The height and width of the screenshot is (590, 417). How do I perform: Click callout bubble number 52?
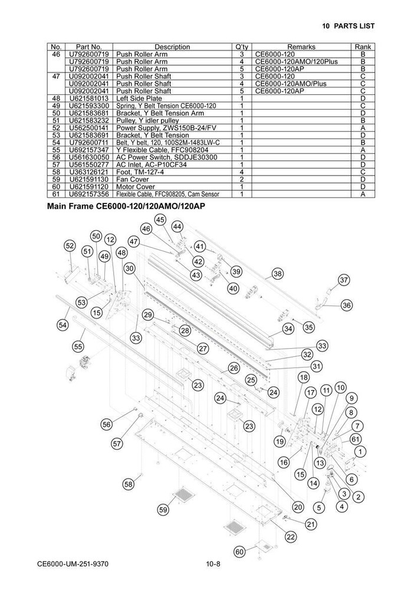tap(70, 245)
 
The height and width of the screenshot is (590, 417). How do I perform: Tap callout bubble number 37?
tap(344, 280)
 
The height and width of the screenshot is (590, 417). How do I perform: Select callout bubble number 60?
tap(239, 552)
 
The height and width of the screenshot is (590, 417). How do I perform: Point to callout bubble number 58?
tap(129, 484)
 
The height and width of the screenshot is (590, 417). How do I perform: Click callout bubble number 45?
tap(160, 219)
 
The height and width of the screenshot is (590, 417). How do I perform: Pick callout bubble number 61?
tap(355, 439)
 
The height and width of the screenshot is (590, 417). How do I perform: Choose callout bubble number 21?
tap(311, 523)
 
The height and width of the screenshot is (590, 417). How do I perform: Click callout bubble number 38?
tap(277, 273)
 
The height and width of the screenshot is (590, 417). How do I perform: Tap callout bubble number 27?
tap(202, 349)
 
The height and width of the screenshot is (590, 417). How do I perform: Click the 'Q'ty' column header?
tap(242, 47)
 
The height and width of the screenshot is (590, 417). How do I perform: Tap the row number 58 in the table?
tap(57, 172)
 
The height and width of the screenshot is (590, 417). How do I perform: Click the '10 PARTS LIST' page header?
tap(348, 26)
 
